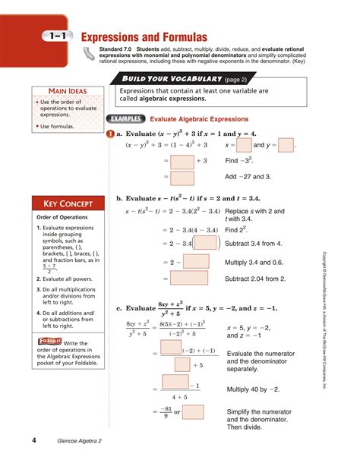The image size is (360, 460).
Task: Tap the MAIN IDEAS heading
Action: [67, 92]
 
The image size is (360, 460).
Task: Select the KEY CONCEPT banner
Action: [67, 203]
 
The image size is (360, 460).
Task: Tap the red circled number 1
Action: [111, 134]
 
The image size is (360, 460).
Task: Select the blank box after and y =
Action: [286, 145]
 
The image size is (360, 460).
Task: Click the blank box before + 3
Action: [182, 162]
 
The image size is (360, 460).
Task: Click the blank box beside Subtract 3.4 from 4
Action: [207, 243]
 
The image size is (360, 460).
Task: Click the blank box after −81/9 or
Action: [193, 412]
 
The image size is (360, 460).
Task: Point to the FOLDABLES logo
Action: [49, 342]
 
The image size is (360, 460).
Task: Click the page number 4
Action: [33, 441]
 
